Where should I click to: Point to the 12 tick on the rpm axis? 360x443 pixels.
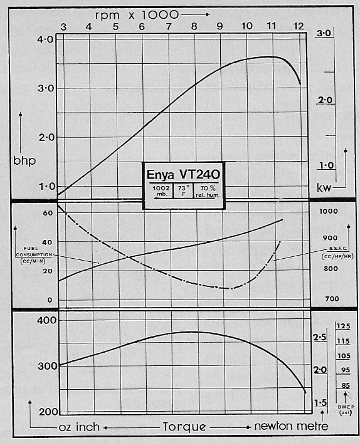[x=300, y=26]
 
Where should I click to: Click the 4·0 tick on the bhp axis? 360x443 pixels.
[x=45, y=39]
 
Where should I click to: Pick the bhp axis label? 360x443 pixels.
[x=24, y=160]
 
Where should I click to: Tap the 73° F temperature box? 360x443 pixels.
[x=183, y=190]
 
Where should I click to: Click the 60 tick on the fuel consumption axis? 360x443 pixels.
[x=47, y=213]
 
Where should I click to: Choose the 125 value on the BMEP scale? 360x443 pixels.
[x=343, y=326]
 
